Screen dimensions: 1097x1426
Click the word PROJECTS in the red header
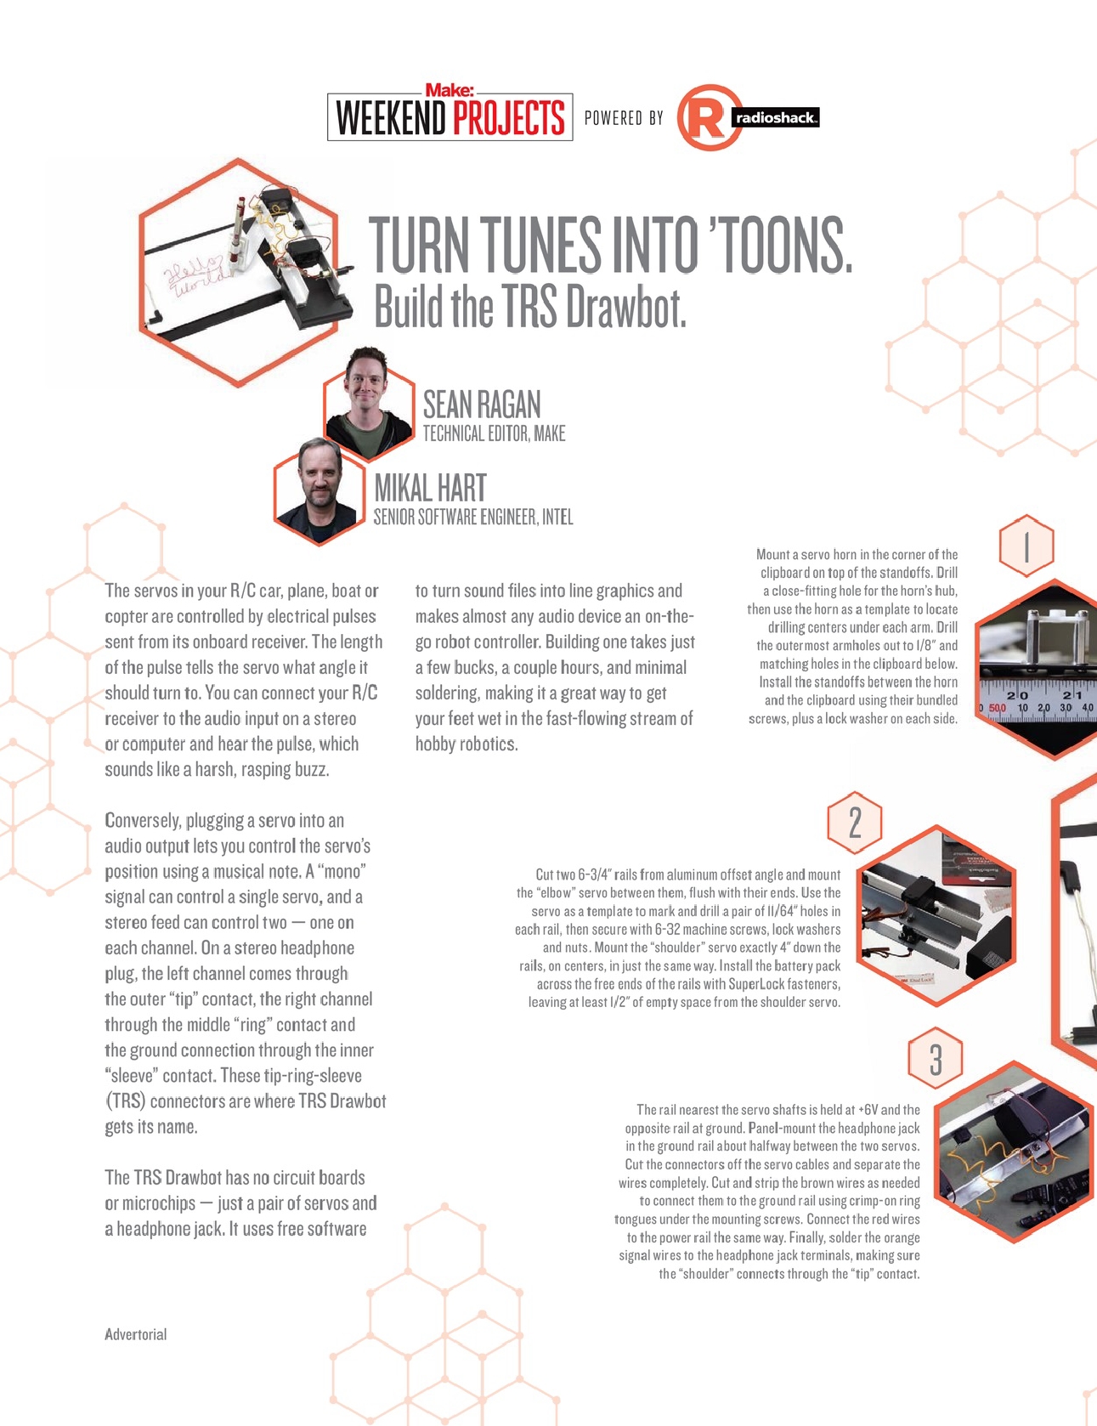click(508, 118)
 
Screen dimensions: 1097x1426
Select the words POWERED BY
click(624, 118)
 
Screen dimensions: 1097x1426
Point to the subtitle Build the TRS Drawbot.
click(529, 308)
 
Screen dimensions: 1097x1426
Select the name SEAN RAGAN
click(482, 405)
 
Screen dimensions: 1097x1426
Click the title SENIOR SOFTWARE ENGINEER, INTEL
click(473, 518)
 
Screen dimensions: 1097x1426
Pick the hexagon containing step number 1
click(1026, 546)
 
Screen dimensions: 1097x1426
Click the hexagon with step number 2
click(854, 823)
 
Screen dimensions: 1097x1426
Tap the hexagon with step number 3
click(935, 1059)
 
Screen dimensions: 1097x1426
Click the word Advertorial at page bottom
click(135, 1334)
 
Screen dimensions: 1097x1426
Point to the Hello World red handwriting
click(195, 276)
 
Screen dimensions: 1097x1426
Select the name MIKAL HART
click(430, 489)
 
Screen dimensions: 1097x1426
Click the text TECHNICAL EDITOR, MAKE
click(494, 434)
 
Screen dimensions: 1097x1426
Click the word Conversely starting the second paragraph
click(143, 821)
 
